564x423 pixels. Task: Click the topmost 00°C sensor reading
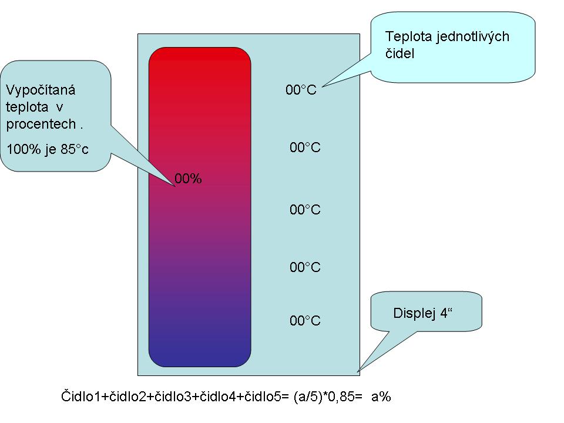click(301, 90)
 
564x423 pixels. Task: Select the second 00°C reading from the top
click(305, 147)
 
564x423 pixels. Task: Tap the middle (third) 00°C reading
click(305, 210)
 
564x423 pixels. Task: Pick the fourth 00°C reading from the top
click(305, 267)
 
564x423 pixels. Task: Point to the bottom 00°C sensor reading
click(305, 321)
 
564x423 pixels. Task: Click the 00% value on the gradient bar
click(188, 179)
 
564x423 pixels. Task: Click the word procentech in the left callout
click(41, 125)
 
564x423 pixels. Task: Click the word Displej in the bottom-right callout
click(414, 314)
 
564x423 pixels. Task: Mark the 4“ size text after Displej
click(448, 314)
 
